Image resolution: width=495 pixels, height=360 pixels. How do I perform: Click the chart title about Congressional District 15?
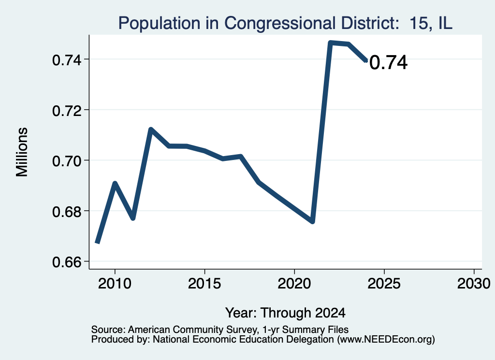click(285, 23)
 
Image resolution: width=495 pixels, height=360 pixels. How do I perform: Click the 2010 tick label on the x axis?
click(115, 284)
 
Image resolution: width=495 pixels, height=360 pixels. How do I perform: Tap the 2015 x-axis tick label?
click(204, 284)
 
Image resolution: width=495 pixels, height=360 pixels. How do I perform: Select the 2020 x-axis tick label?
click(294, 284)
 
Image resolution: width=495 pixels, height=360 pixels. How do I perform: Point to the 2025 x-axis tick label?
click(384, 284)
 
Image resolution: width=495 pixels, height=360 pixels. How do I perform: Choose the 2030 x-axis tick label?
click(474, 284)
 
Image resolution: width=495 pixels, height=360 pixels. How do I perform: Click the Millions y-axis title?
click(22, 152)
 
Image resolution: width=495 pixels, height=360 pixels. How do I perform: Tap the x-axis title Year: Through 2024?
click(285, 313)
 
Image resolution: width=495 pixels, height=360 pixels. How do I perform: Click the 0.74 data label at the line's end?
click(388, 62)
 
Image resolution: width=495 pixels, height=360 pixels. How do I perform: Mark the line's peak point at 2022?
click(330, 43)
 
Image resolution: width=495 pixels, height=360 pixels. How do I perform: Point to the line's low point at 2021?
click(313, 221)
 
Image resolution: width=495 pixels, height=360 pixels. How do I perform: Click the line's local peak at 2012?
click(151, 130)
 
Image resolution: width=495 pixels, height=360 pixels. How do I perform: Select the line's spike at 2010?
click(115, 183)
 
